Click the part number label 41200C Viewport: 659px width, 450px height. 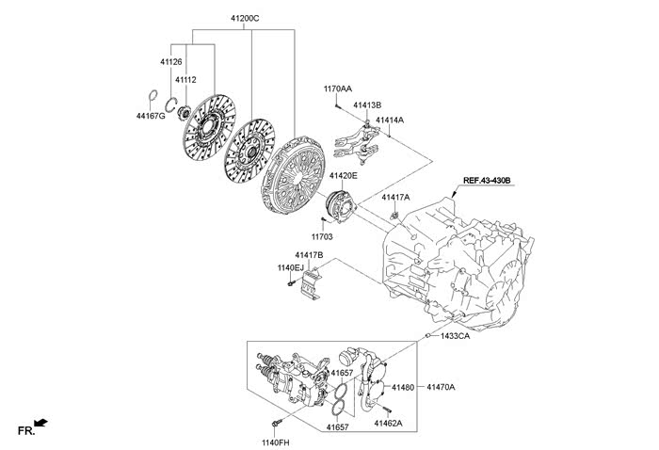click(x=245, y=19)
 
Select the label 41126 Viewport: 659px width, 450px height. click(x=171, y=62)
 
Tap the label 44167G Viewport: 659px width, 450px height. click(x=151, y=116)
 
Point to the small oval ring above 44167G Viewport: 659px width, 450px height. click(x=153, y=96)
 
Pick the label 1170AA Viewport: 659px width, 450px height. click(x=338, y=88)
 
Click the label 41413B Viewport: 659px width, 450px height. click(x=367, y=105)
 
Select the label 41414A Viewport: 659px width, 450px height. click(x=390, y=121)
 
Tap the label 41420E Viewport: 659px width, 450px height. click(x=344, y=176)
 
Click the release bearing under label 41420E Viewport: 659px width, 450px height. click(x=341, y=206)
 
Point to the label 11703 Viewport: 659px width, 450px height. click(x=322, y=237)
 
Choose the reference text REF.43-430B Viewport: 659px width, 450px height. click(x=487, y=180)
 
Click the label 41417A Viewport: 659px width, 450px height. click(x=395, y=197)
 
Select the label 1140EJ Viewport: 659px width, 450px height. click(x=290, y=267)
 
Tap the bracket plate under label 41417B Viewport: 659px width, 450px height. click(x=311, y=284)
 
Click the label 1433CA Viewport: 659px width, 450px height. click(x=455, y=336)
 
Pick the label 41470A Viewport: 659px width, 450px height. click(x=441, y=387)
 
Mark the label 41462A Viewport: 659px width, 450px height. click(x=388, y=424)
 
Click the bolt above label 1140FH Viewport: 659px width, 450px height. click(x=277, y=422)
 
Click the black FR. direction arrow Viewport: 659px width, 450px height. click(x=40, y=423)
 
